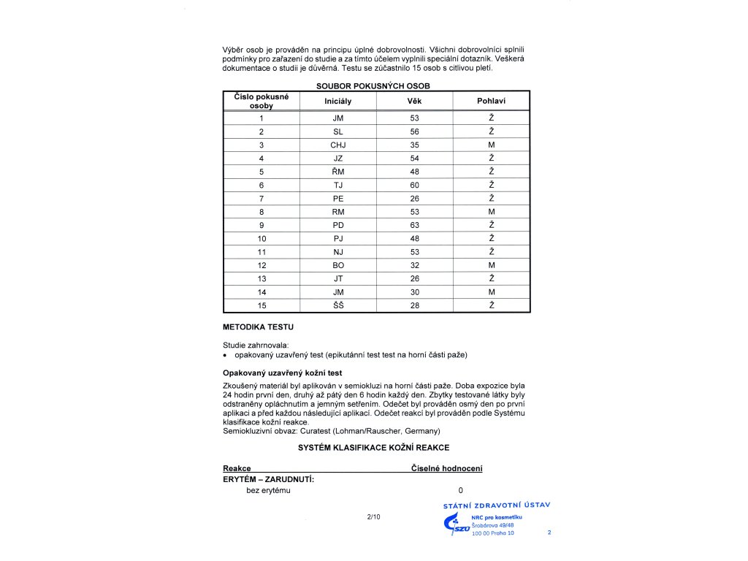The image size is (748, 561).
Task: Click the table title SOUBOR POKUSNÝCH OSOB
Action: pos(373,85)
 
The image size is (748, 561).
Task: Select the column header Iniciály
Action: pos(337,101)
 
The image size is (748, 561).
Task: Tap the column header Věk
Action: pos(414,101)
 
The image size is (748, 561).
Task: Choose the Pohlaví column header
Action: pos(492,101)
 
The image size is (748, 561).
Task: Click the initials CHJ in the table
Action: pos(337,145)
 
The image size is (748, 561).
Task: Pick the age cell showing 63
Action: pos(414,225)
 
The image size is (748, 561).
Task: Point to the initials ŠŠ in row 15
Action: pos(337,305)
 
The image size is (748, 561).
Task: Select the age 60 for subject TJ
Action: pos(414,186)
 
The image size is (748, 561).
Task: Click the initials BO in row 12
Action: pos(337,265)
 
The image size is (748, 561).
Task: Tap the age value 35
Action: pos(414,145)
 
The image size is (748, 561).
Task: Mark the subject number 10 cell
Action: pos(261,239)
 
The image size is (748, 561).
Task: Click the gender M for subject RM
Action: pos(492,212)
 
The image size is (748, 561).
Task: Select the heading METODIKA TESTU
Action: pos(258,327)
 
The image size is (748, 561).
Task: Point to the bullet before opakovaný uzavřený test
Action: pos(226,356)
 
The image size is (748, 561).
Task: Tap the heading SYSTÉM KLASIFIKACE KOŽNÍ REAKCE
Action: pos(373,447)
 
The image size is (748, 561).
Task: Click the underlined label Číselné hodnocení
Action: pos(447,468)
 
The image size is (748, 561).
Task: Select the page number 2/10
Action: pos(373,517)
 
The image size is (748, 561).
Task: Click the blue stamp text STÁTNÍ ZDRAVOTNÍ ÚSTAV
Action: pos(497,505)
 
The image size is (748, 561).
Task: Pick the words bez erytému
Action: pos(268,490)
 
